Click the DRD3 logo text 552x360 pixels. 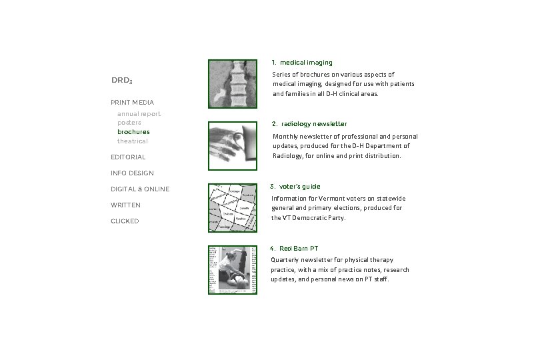pos(121,81)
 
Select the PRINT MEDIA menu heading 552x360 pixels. pos(132,103)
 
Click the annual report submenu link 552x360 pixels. pos(139,114)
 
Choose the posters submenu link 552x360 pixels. pos(129,123)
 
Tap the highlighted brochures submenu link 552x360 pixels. pos(133,132)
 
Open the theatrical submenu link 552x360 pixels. pos(133,141)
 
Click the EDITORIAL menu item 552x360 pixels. pos(128,157)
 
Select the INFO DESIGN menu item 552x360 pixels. pos(132,173)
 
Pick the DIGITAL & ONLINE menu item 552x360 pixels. pos(140,189)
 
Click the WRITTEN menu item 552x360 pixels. pos(125,205)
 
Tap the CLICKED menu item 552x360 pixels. pos(125,221)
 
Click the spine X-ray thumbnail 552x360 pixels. pos(232,84)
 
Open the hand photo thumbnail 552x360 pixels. pos(232,146)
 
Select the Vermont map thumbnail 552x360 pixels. pos(232,208)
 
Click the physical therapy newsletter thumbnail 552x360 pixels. pos(232,270)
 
